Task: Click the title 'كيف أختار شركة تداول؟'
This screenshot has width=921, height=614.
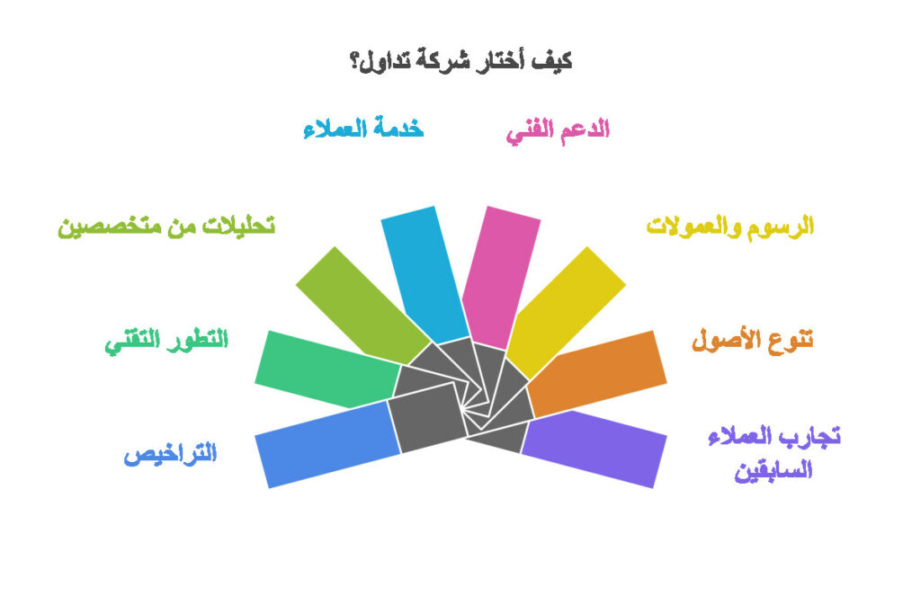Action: (x=460, y=61)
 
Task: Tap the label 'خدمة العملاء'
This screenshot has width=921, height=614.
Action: (x=363, y=129)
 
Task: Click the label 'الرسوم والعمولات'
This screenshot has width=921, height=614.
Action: (x=730, y=227)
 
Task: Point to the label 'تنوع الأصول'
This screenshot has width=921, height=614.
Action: (x=752, y=341)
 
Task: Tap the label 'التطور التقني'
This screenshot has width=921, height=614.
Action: (x=167, y=341)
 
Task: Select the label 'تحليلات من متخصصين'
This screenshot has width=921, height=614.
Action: (x=166, y=227)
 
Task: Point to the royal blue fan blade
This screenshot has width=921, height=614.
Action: (x=324, y=442)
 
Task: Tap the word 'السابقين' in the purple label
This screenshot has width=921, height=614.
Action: (x=773, y=470)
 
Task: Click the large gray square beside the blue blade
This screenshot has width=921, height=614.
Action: (x=427, y=421)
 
